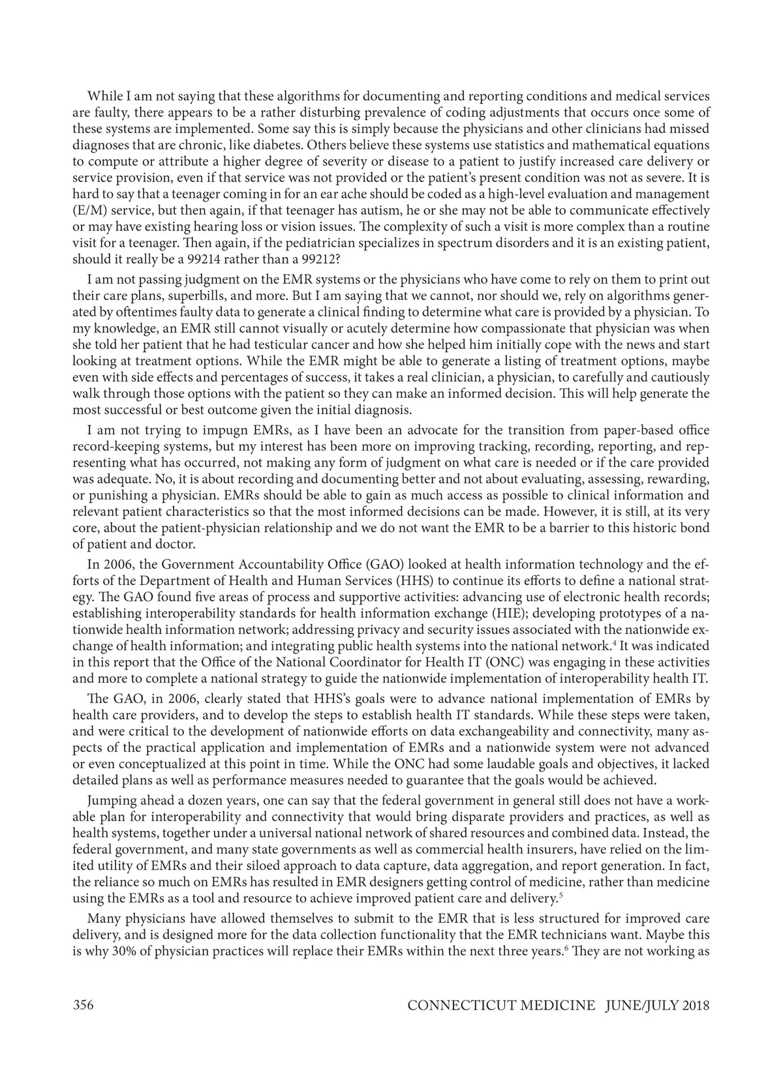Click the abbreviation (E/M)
(x=89, y=210)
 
